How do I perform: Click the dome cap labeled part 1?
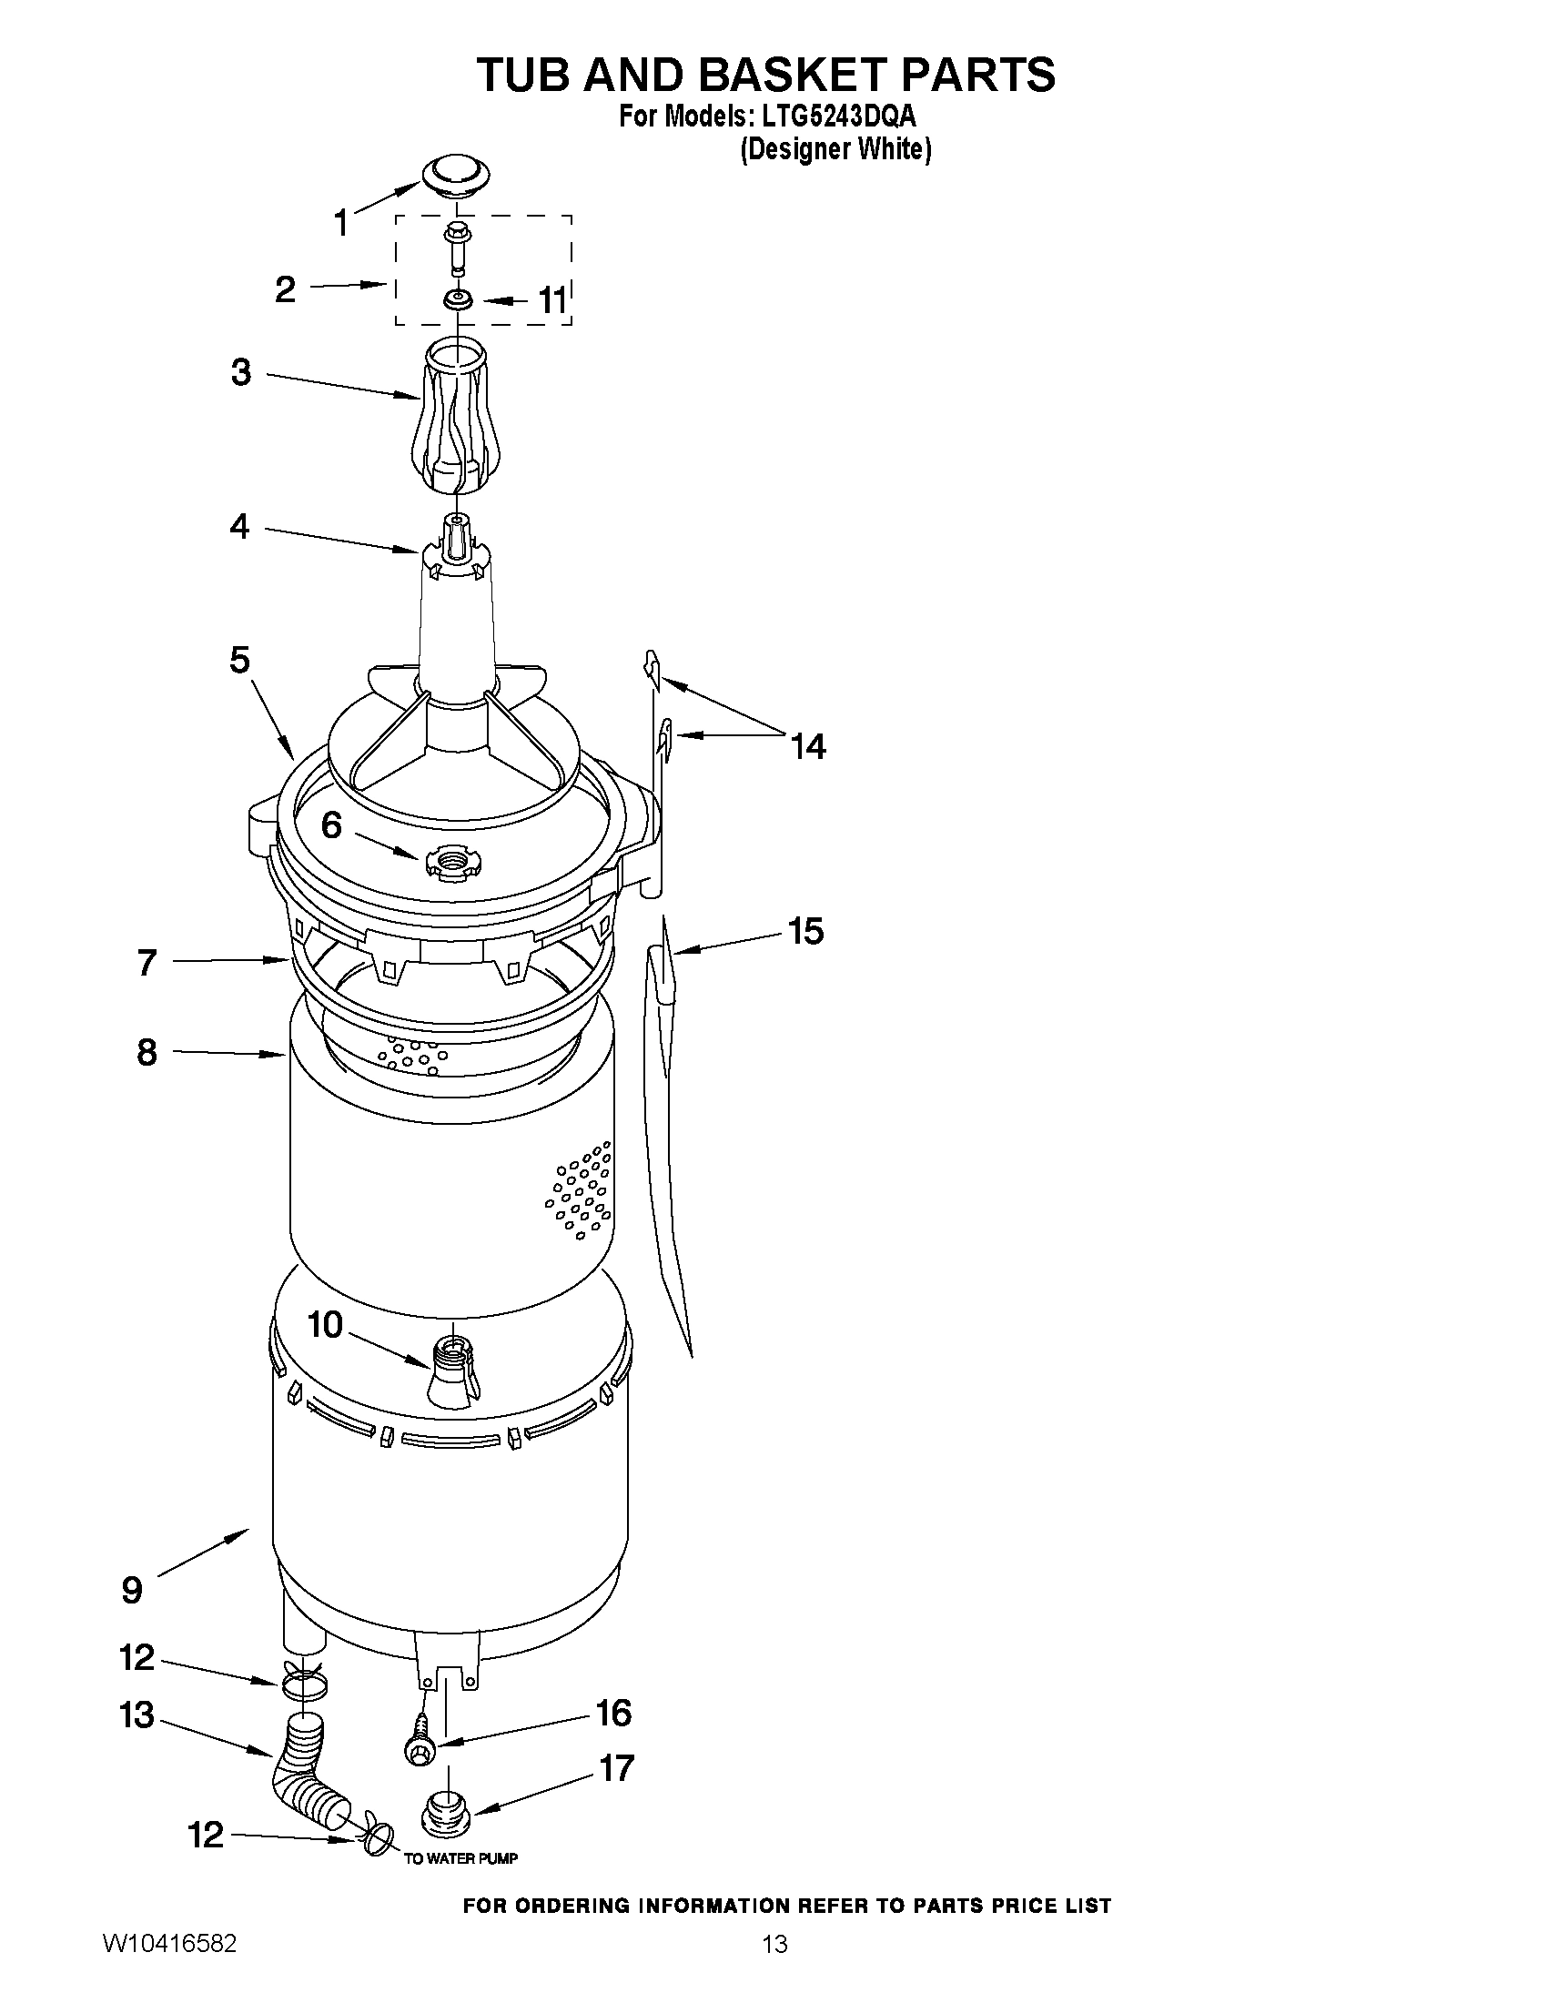pyautogui.click(x=456, y=174)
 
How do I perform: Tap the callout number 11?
pyautogui.click(x=551, y=300)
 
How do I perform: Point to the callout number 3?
pyautogui.click(x=240, y=372)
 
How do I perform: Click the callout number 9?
pyautogui.click(x=132, y=1589)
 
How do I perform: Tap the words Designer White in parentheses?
pyautogui.click(x=835, y=149)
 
